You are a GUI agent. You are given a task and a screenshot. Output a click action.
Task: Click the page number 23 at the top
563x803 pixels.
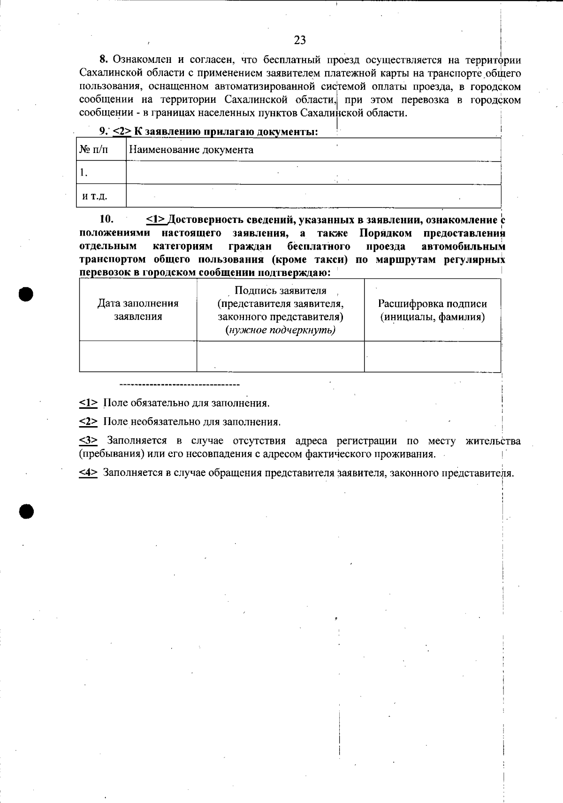[x=300, y=40]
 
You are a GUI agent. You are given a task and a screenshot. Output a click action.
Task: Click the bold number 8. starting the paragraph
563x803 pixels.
[x=104, y=60]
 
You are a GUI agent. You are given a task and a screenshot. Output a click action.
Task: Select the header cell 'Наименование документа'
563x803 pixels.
[x=191, y=150]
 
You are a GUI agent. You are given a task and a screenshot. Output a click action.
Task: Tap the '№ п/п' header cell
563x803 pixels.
[x=93, y=150]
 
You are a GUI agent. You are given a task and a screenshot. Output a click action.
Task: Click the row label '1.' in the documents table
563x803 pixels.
[x=84, y=173]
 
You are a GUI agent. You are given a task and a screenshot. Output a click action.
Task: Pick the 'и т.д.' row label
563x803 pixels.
[x=95, y=196]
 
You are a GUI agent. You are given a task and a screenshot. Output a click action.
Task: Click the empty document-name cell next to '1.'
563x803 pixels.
[x=313, y=173]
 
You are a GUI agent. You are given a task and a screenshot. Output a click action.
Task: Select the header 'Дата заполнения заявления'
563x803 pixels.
[x=138, y=310]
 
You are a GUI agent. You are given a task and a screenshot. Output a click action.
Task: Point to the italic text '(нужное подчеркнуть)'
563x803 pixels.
[x=281, y=330]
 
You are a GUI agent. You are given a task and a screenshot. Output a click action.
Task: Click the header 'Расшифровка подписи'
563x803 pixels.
[x=432, y=304]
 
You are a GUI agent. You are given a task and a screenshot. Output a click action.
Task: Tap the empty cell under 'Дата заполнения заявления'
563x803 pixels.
[x=138, y=356]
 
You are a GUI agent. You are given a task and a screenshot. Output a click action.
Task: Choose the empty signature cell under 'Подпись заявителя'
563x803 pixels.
[x=280, y=356]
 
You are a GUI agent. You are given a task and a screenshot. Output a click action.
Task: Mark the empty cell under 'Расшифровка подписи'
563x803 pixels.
[x=432, y=356]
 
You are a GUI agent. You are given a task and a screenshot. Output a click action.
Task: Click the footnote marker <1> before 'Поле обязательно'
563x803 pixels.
[x=88, y=403]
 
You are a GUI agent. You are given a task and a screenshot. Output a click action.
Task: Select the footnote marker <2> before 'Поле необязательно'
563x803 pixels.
[x=88, y=422]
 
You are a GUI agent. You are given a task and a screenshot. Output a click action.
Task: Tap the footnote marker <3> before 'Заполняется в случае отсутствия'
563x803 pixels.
[x=88, y=441]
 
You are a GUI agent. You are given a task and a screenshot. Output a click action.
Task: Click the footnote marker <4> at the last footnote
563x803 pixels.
[x=88, y=473]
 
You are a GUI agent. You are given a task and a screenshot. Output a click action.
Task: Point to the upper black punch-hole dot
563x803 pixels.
[x=27, y=294]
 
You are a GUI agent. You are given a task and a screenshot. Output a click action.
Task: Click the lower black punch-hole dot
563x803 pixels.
[x=27, y=511]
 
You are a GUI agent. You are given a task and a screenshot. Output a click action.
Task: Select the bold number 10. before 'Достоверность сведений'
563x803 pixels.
[x=107, y=220]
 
